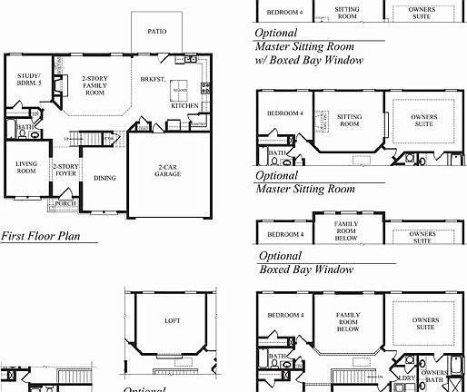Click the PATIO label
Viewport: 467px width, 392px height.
(157, 31)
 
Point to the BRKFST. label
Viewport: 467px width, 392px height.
(151, 80)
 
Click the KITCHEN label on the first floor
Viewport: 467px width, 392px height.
(185, 106)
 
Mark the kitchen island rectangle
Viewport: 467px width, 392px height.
(180, 91)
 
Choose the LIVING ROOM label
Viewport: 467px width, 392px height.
(26, 167)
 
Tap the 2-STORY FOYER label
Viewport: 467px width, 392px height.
(65, 170)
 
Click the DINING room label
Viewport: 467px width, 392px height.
(104, 178)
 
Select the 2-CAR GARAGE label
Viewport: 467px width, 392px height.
(167, 171)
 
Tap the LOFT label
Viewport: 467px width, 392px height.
(172, 320)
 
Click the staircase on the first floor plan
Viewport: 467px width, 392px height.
(84, 139)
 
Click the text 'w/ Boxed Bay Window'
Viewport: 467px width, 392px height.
(309, 60)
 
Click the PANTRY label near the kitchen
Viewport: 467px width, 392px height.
(198, 123)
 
